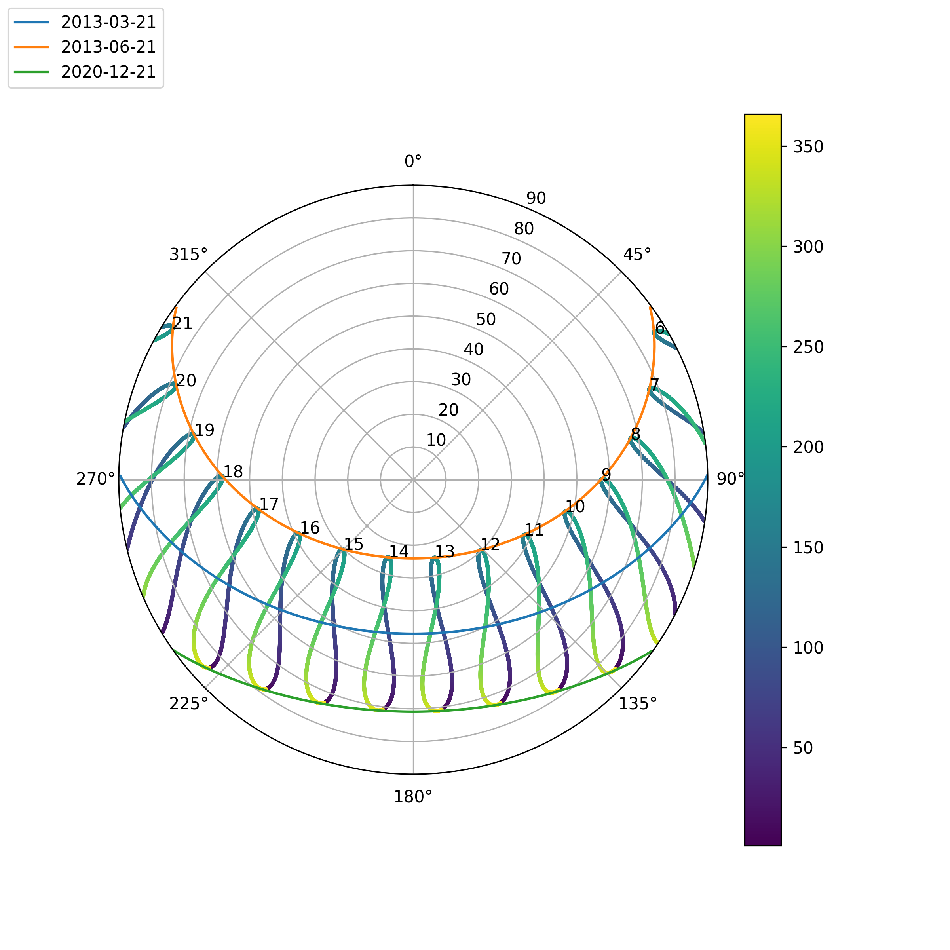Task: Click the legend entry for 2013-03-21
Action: pyautogui.click(x=108, y=22)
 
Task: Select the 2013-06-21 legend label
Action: pyautogui.click(x=108, y=47)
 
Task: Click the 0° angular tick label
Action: pyautogui.click(x=413, y=161)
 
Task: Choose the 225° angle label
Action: pyautogui.click(x=189, y=704)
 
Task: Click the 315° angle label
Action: pyautogui.click(x=189, y=255)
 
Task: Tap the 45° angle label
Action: pyautogui.click(x=637, y=255)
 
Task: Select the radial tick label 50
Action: pyautogui.click(x=486, y=319)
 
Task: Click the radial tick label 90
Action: pyautogui.click(x=536, y=199)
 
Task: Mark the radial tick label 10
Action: pyautogui.click(x=436, y=440)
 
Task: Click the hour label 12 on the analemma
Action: pyautogui.click(x=490, y=544)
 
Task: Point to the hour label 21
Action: pyautogui.click(x=182, y=323)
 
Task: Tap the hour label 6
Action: pyautogui.click(x=660, y=328)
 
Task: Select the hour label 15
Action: pyautogui.click(x=353, y=544)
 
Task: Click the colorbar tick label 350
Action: pyautogui.click(x=808, y=147)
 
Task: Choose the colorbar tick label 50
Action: pyautogui.click(x=803, y=748)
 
